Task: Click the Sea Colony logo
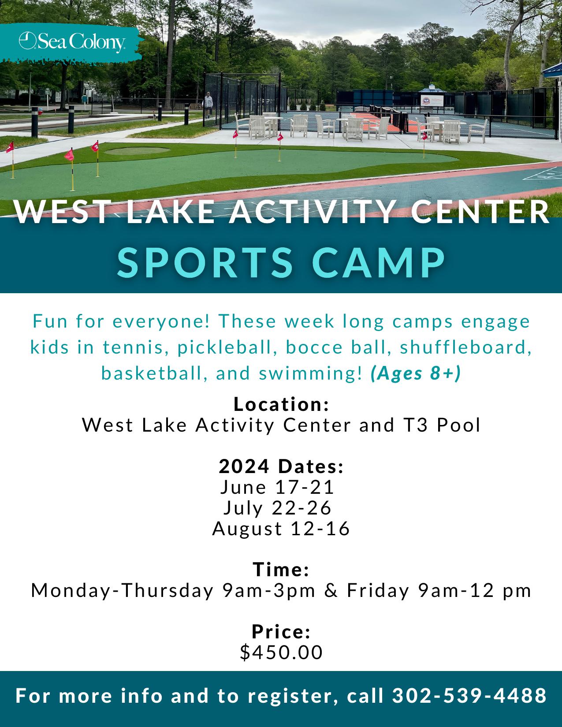coord(72,42)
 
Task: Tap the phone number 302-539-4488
coord(469,696)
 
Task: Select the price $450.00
coord(281,653)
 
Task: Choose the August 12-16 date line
coord(281,529)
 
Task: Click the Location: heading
coord(281,404)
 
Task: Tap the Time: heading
coord(281,569)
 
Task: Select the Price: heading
coord(281,632)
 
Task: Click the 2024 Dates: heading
coord(281,466)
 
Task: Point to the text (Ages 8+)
coord(416,373)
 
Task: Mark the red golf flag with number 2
coord(95,146)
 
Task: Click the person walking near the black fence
coord(208,104)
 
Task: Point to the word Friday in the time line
coord(378,590)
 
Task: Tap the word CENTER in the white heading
coord(480,212)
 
